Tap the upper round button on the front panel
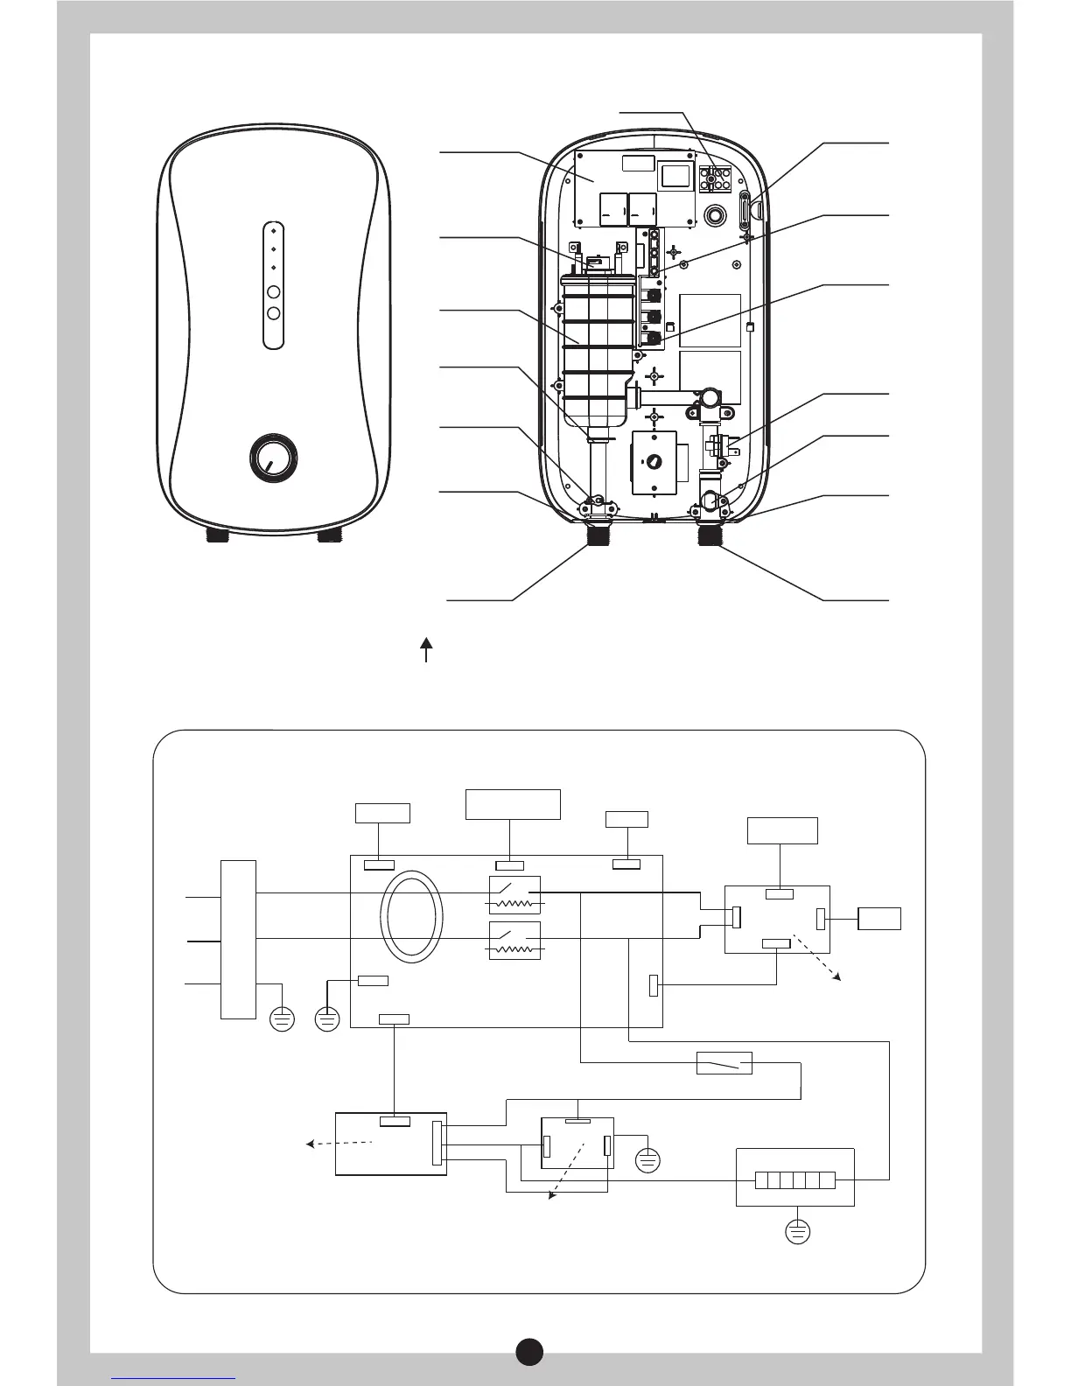(274, 291)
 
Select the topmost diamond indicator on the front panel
(274, 230)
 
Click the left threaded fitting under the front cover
(217, 535)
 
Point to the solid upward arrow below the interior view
(426, 650)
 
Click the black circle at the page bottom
(528, 1351)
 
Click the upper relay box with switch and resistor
(514, 894)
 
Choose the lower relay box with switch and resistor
(514, 940)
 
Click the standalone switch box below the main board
(724, 1062)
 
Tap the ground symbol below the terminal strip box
(797, 1232)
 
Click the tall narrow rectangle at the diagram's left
(238, 939)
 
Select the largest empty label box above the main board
(513, 804)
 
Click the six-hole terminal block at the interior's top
(716, 178)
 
